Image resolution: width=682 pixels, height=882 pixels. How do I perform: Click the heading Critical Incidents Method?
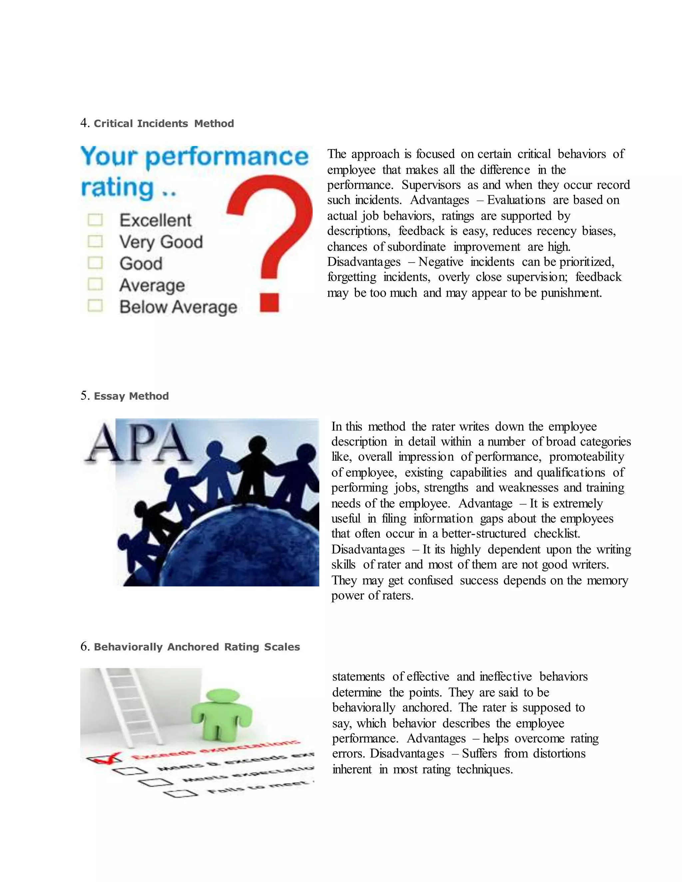coord(164,123)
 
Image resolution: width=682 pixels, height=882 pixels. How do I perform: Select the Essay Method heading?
coord(131,396)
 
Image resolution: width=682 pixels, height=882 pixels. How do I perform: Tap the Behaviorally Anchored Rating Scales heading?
coord(197,647)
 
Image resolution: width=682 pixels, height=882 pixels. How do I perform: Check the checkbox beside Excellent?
coord(95,220)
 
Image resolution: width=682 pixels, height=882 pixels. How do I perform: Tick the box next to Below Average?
coord(95,306)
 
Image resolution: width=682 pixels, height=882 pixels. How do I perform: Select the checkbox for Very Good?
coord(95,242)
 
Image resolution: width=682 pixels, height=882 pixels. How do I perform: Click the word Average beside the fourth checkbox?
coord(152,286)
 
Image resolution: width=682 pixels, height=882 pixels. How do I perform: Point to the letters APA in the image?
coord(138,443)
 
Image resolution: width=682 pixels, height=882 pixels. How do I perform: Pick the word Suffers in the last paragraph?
coord(479,754)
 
